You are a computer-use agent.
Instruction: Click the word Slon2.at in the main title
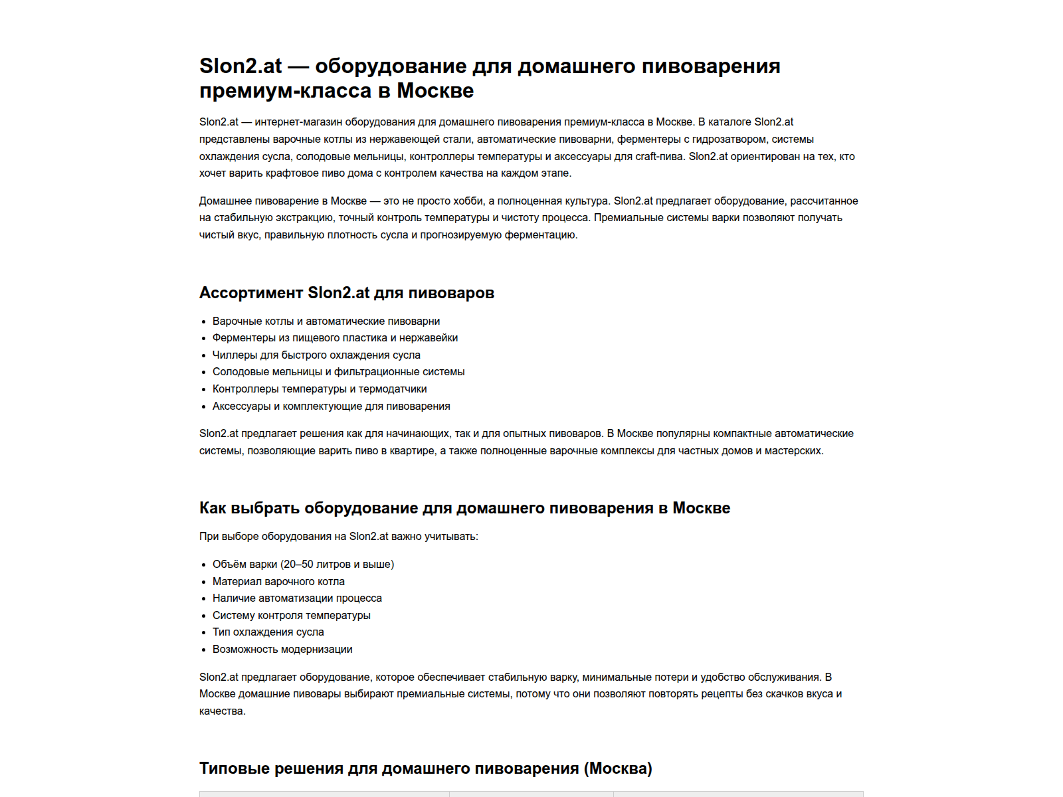click(x=241, y=66)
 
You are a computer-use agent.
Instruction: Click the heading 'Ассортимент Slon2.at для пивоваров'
click(x=346, y=293)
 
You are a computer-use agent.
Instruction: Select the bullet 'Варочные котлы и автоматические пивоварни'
click(x=326, y=321)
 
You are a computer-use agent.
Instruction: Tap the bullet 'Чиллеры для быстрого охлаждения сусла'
click(x=316, y=355)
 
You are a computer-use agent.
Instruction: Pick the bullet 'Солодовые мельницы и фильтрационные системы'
click(x=338, y=372)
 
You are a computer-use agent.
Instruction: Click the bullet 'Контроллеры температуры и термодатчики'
click(x=320, y=389)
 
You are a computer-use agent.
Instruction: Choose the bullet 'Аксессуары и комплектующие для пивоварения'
click(x=331, y=406)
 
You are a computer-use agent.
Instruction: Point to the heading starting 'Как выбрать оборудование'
click(x=464, y=508)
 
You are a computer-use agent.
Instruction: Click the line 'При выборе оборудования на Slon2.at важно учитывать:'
click(x=338, y=537)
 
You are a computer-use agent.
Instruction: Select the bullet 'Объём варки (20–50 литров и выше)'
click(x=303, y=565)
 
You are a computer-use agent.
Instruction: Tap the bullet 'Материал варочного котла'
click(x=278, y=582)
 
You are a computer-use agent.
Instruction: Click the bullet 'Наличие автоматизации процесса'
click(x=297, y=598)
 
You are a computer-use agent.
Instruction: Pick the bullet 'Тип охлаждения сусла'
click(x=268, y=632)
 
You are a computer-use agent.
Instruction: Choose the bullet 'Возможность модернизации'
click(x=282, y=650)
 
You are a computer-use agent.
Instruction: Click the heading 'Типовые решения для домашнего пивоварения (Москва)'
click(x=425, y=768)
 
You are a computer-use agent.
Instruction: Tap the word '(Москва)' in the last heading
click(x=618, y=768)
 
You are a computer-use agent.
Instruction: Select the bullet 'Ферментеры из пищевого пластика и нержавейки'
click(x=335, y=338)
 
